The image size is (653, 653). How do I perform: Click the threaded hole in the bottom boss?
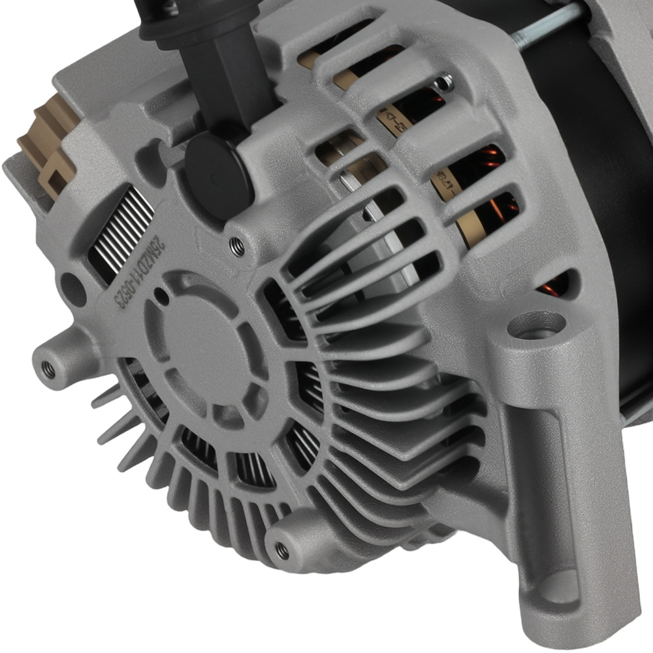point(281,550)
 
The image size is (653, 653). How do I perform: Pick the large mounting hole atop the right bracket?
point(535,325)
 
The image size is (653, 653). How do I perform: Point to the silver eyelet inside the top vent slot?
point(444,82)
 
